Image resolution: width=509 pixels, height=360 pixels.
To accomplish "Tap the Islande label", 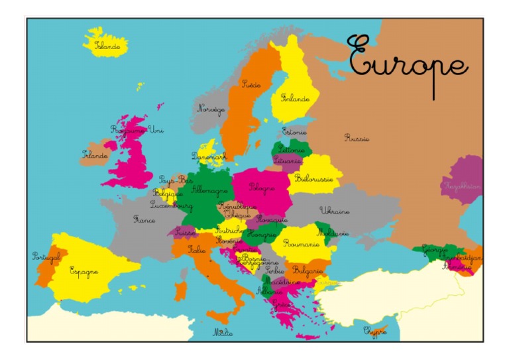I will point(107,46).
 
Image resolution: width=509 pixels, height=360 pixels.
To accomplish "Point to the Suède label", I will point(251,84).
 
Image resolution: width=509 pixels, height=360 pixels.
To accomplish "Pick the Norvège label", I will point(211,109).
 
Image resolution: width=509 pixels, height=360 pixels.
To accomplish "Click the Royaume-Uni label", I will point(137,129).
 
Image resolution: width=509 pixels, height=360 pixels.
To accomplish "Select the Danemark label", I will point(209,156).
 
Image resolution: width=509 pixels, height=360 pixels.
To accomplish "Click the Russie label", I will point(357,138).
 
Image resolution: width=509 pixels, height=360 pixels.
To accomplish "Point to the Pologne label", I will point(262,188).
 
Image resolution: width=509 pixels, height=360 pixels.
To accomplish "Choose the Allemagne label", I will point(209,190).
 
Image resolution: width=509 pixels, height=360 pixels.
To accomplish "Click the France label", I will point(144,219).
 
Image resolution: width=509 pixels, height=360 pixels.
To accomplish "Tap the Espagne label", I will point(84,270).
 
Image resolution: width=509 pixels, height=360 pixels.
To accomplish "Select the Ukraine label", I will point(335,211).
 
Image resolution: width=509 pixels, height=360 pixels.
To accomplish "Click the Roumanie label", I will point(301,244).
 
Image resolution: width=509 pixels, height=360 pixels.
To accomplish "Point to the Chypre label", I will point(374,330).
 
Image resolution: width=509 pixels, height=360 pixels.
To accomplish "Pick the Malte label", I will point(222,332).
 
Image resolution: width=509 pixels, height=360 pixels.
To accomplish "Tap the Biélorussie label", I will point(313,178).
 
